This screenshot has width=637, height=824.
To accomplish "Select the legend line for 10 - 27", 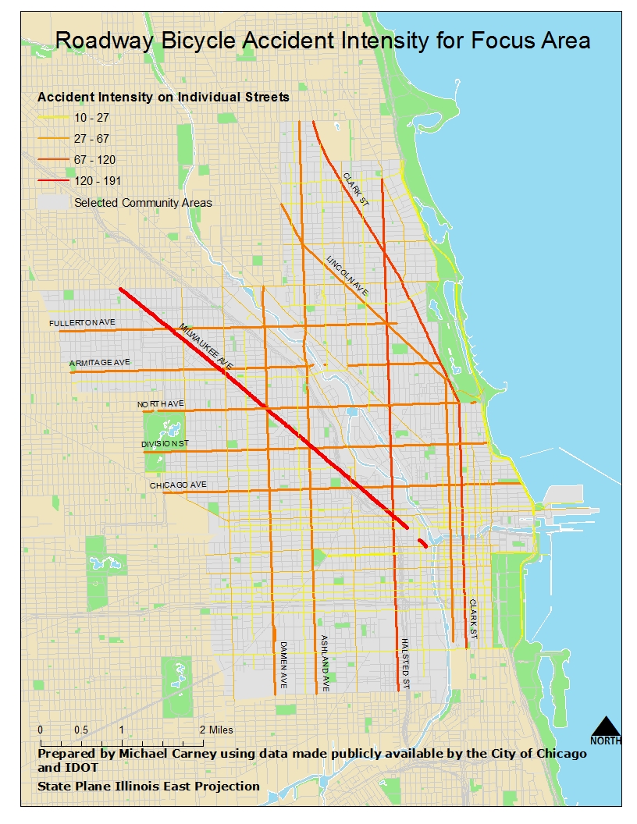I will pos(52,118).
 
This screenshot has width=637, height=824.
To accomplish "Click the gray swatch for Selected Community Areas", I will pos(52,203).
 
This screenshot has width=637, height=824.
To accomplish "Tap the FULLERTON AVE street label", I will pos(82,322).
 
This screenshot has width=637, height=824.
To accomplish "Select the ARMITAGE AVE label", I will pos(99,364).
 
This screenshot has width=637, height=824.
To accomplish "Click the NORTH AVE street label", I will pos(160,403).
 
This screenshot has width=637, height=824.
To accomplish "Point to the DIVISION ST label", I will pos(165,444).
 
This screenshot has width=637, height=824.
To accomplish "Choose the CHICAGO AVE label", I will pos(178,485).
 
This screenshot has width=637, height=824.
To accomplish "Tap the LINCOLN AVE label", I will pos(347,275).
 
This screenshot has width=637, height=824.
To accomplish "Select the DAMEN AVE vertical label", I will pos(284,664).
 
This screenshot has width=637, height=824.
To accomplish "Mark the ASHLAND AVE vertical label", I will pos(324,663).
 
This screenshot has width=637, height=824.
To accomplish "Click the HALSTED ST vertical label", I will pos(405,663).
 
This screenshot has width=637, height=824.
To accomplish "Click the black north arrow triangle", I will pos(606,726).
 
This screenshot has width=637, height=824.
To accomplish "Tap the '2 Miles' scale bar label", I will pos(215,730).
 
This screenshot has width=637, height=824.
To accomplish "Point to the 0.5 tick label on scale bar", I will pos(80,730).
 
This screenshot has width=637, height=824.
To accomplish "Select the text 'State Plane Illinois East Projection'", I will pos(148,786).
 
